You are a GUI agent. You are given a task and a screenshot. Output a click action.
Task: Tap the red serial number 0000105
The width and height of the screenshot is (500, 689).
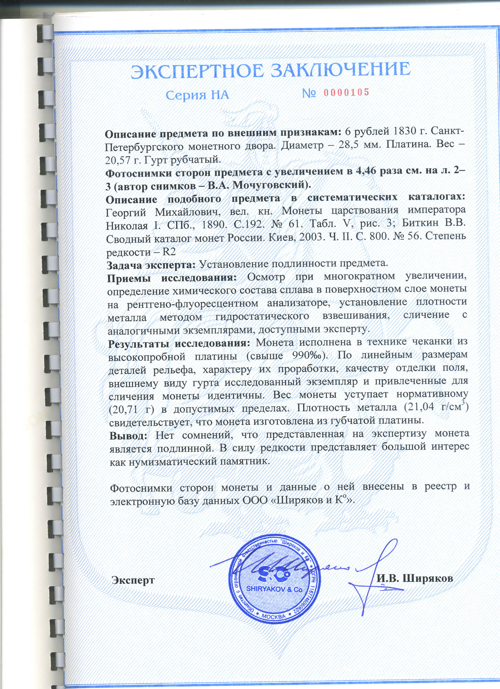[346, 92]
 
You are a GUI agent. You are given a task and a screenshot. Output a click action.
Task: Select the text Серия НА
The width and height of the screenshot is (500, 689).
[197, 95]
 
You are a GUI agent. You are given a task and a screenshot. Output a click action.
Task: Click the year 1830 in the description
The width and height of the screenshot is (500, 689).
[408, 131]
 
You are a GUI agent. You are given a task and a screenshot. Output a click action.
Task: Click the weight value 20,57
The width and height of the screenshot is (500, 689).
[119, 160]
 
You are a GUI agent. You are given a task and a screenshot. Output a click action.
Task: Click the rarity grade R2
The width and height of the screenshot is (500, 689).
[169, 252]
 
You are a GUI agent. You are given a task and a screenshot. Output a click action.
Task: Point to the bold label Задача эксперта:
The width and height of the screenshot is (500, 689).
[151, 265]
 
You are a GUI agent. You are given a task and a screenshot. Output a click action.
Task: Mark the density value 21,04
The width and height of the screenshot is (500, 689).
[419, 407]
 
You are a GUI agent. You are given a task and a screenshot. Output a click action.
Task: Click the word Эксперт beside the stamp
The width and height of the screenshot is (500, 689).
[133, 580]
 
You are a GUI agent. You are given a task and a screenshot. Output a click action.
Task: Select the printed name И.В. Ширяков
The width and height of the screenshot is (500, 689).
[415, 578]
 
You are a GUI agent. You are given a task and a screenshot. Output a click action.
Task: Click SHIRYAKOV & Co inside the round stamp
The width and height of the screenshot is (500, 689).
[274, 589]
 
